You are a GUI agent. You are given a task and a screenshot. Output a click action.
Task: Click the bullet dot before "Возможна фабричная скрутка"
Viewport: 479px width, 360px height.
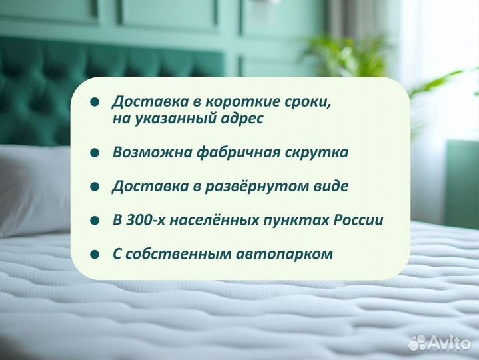point(95,153)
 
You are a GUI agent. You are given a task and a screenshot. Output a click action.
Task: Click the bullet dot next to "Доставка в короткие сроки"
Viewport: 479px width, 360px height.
point(95,102)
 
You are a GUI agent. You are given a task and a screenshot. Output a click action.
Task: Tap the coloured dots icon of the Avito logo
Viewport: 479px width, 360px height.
point(418,342)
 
